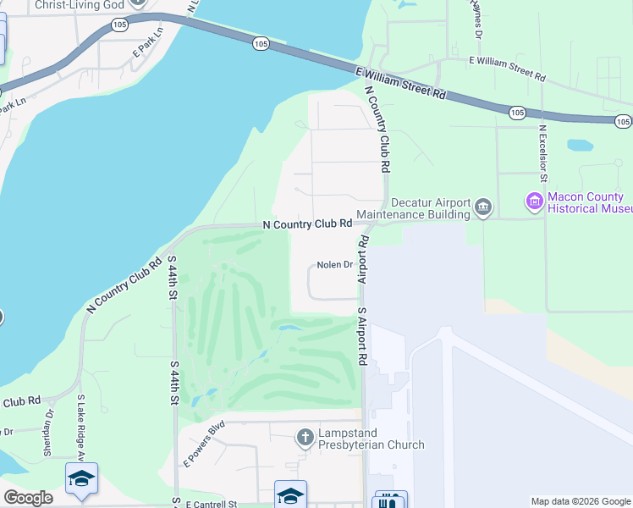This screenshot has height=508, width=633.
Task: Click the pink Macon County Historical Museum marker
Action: [x=534, y=202]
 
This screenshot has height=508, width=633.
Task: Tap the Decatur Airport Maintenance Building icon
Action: [x=483, y=207]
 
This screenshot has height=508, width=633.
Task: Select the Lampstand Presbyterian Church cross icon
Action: [x=305, y=438]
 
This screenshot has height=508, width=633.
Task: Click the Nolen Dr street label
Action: [x=334, y=265]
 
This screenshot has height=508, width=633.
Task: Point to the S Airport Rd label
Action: [x=361, y=336]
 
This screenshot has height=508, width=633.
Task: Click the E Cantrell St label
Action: [x=208, y=504]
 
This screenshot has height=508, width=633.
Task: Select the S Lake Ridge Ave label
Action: [x=81, y=428]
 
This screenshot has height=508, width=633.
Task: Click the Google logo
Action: [x=28, y=498]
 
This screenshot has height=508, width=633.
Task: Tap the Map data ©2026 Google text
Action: [x=580, y=501]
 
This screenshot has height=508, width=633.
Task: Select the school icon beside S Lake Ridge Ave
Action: [x=82, y=480]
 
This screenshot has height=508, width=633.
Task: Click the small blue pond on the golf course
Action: [x=288, y=328]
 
